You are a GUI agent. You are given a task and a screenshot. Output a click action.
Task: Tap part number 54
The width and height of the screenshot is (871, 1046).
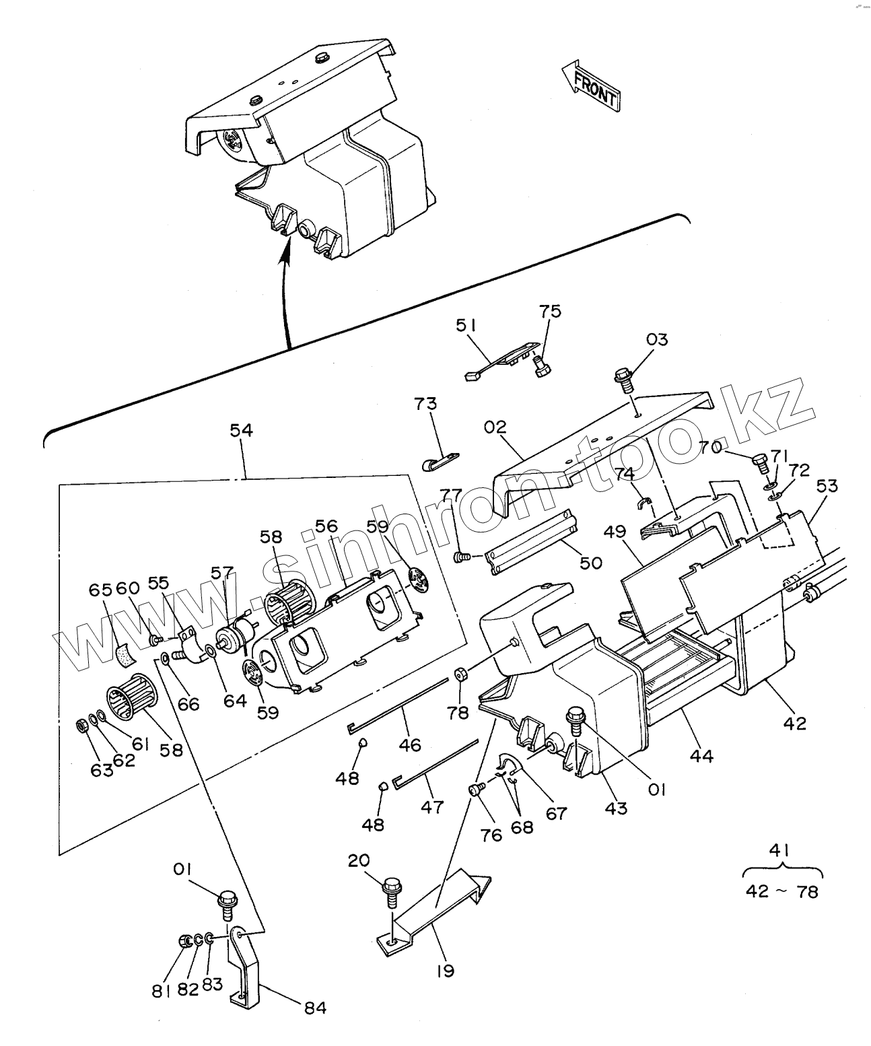click(x=241, y=429)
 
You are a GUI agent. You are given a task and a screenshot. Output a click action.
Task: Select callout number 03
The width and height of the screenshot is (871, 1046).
click(x=656, y=339)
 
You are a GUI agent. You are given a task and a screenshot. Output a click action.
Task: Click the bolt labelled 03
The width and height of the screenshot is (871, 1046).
click(x=623, y=379)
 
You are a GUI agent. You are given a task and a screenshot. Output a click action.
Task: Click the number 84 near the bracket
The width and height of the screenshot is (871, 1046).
click(x=315, y=1008)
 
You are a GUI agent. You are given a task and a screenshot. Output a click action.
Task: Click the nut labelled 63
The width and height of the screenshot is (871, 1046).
click(x=79, y=726)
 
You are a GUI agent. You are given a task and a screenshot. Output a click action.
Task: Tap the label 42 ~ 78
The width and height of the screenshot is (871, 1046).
click(x=782, y=892)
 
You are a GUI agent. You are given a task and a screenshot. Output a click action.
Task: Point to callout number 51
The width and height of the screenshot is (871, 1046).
click(x=466, y=326)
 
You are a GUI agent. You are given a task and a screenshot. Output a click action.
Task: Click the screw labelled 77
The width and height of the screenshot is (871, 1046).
click(x=461, y=557)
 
